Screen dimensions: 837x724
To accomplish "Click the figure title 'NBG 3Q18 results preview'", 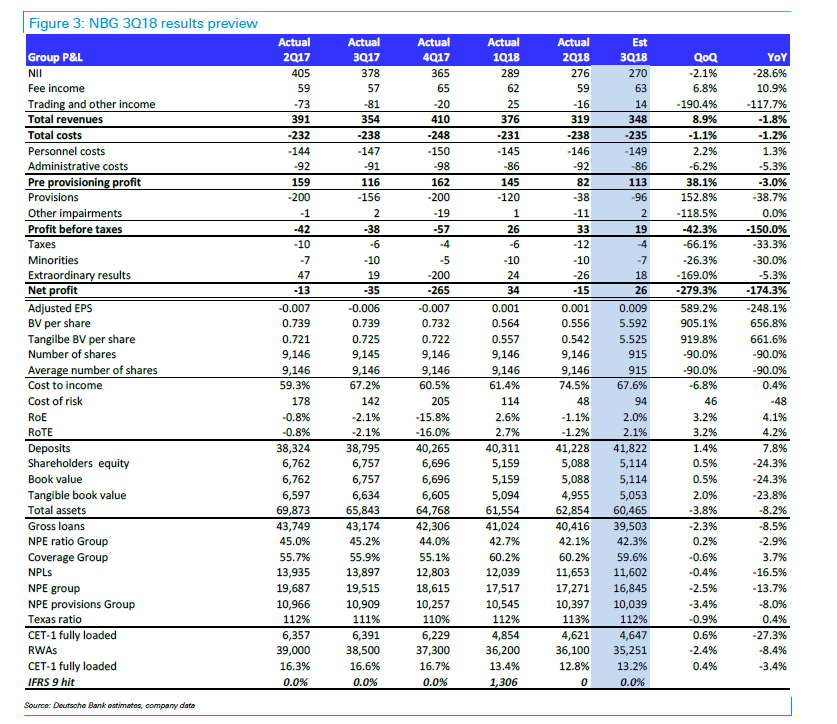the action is click(173, 23).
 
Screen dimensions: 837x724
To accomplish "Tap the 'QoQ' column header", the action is click(705, 57).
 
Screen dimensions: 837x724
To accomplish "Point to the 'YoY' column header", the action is click(777, 57).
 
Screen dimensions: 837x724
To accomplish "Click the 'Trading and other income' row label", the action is click(91, 104).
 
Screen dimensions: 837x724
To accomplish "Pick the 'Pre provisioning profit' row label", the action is click(84, 182).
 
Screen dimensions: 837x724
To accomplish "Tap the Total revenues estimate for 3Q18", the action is click(637, 119).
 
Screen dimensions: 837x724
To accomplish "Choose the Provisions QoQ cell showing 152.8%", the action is click(699, 198).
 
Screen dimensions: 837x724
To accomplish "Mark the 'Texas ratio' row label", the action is click(54, 619).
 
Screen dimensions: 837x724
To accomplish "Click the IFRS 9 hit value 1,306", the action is click(504, 682).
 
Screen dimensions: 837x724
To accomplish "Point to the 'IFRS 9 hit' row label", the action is click(51, 682).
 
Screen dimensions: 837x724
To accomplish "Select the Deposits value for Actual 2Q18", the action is click(573, 448).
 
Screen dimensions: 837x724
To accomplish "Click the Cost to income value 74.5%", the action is click(574, 385).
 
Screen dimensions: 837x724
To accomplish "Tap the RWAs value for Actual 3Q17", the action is click(363, 650).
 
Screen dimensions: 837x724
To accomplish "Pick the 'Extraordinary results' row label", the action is click(79, 276).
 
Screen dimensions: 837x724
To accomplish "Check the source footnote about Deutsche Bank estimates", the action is click(109, 705).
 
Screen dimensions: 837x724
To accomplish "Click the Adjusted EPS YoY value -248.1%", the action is click(767, 309).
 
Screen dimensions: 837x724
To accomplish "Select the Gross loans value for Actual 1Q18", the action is click(502, 526).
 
